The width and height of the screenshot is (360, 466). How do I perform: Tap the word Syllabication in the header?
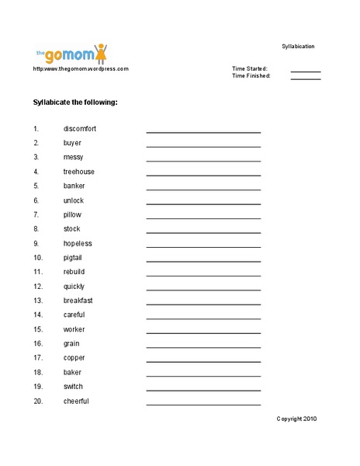(x=298, y=47)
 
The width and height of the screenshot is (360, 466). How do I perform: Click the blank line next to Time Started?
(x=306, y=71)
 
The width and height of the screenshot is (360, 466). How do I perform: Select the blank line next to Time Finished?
(x=306, y=78)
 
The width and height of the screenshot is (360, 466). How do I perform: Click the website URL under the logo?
(x=81, y=69)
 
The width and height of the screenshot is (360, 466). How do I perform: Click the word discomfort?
(x=80, y=128)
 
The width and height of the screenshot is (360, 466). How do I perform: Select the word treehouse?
(x=79, y=172)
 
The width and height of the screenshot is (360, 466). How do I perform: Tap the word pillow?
(x=72, y=214)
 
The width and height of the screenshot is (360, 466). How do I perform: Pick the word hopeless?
(x=78, y=243)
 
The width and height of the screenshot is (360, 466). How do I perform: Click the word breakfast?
(x=78, y=301)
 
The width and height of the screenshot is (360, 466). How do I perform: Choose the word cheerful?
(x=76, y=402)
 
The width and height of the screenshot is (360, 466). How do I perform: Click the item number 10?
(x=37, y=258)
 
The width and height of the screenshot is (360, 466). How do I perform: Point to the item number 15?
(x=37, y=329)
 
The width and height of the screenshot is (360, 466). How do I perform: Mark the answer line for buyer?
(x=203, y=146)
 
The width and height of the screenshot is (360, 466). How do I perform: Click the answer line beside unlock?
(x=203, y=203)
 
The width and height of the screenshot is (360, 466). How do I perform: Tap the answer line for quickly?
(x=203, y=290)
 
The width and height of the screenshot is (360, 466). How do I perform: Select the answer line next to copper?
(x=203, y=361)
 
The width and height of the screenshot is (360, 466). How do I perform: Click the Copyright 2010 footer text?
(x=296, y=419)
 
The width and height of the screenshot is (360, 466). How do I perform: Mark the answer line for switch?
(x=203, y=390)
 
